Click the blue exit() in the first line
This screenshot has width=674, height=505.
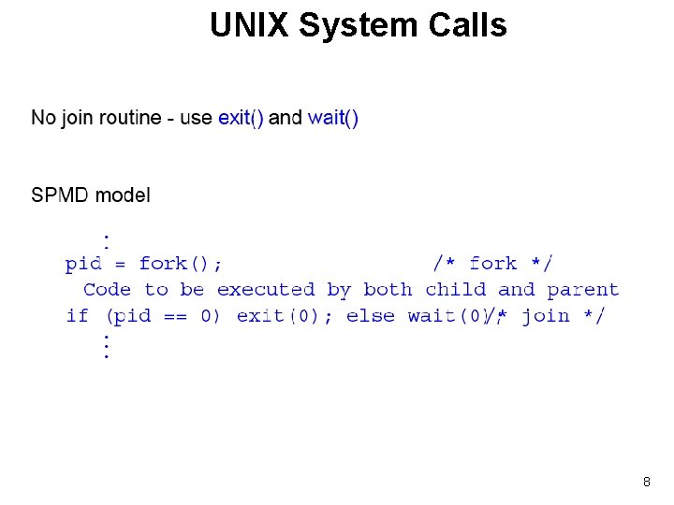point(241,118)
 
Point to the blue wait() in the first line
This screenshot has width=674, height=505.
point(333,118)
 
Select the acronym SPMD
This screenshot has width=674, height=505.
point(60,195)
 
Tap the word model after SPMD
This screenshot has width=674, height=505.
point(123,195)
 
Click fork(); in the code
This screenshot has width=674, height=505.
point(181,264)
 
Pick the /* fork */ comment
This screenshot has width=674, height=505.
point(492,264)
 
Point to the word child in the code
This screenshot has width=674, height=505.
point(455,290)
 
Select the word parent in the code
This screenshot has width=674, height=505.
point(583,290)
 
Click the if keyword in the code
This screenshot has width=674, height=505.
point(77,316)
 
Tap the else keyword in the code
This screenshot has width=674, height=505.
point(370,316)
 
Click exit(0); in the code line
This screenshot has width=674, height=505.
point(285,316)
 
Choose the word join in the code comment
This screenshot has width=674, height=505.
point(545,316)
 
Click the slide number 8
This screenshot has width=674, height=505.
point(646,482)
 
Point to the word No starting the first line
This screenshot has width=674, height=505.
point(43,118)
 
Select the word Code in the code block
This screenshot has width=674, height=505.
point(107,290)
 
